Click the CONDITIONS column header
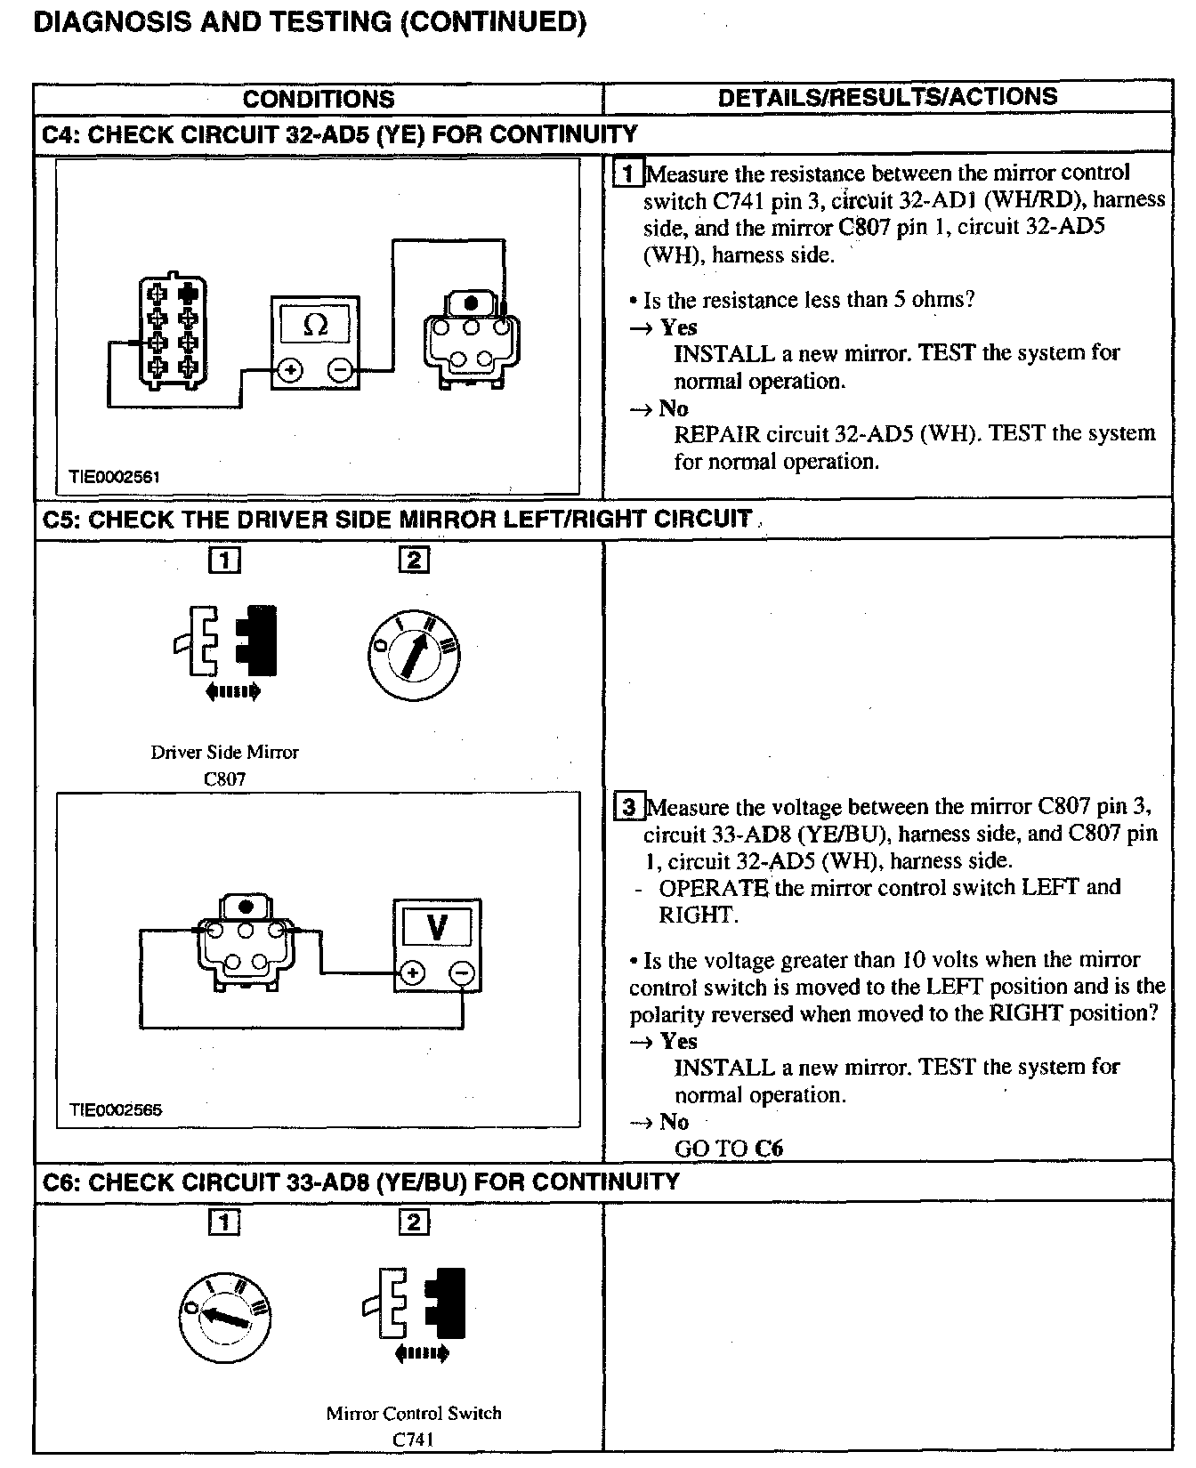tap(318, 99)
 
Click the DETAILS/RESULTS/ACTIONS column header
tap(887, 97)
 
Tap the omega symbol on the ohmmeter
tap(315, 326)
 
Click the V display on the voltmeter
tap(437, 927)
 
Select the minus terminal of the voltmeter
tap(462, 973)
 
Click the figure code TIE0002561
tap(115, 477)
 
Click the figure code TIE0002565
tap(116, 1110)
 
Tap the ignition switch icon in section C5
tap(413, 654)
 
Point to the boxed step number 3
tap(628, 807)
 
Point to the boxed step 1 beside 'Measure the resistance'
tap(628, 173)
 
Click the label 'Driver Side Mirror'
tap(224, 752)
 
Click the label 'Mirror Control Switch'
tap(414, 1413)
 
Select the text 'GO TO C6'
tap(728, 1148)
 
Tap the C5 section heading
tap(397, 519)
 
